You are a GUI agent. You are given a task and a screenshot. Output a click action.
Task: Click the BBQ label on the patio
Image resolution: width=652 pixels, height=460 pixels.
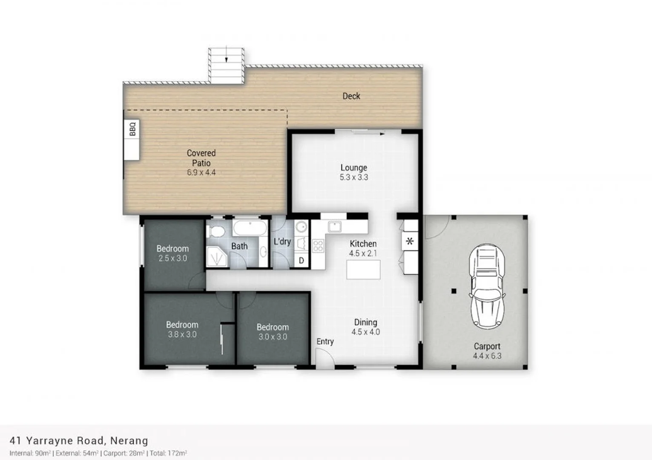click(x=132, y=129)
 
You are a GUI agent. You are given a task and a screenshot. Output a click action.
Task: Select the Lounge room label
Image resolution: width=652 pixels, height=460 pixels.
click(x=353, y=168)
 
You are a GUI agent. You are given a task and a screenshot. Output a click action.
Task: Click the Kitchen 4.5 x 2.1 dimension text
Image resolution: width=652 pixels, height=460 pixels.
click(x=363, y=253)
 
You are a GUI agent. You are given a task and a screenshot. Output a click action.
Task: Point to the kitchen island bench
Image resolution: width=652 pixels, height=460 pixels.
click(x=363, y=270)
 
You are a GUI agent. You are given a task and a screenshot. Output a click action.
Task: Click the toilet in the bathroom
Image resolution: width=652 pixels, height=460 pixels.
click(x=216, y=232)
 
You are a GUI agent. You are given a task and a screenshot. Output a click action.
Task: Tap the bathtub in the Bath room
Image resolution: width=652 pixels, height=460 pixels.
click(x=250, y=228)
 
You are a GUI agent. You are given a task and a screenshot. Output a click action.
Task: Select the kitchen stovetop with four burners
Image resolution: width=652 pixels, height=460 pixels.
click(x=318, y=246)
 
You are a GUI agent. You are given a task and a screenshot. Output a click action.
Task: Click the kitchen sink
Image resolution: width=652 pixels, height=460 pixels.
click(x=334, y=227)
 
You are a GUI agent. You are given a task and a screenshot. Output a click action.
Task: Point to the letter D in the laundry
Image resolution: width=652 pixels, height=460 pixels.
click(x=302, y=260)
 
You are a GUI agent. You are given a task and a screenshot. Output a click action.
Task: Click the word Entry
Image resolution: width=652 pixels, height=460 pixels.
click(x=325, y=342)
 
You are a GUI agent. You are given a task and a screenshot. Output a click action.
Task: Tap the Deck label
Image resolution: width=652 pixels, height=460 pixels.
click(x=351, y=96)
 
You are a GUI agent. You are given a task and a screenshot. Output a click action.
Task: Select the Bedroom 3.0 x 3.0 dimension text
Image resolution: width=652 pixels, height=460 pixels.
click(x=273, y=337)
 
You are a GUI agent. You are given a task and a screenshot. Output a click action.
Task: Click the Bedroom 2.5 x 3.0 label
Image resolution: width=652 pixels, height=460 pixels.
click(x=172, y=249)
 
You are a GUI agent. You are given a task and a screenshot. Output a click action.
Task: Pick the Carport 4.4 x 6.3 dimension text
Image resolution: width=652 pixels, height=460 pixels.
click(x=487, y=356)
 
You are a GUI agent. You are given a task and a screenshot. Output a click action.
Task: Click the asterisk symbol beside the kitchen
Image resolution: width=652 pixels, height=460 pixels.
click(x=410, y=241)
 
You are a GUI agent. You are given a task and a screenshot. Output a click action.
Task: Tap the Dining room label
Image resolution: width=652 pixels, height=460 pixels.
click(x=365, y=322)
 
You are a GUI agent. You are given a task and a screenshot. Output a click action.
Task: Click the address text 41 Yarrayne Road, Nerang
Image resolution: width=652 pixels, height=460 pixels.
click(x=79, y=440)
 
